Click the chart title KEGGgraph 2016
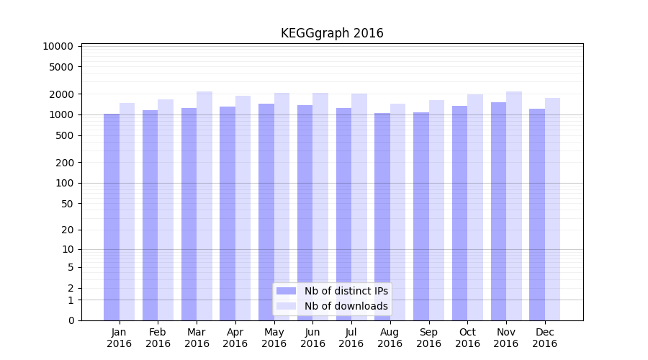coord(332,33)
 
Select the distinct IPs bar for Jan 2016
coord(112,216)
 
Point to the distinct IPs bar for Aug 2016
coord(382,216)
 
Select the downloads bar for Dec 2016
coord(552,209)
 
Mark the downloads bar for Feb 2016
coord(166,210)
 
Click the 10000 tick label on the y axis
coord(58,47)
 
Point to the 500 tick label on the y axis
coord(65,135)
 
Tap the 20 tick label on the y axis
coord(68,230)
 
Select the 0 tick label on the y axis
coord(71,320)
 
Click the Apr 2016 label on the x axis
coord(235,338)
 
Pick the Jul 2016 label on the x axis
coord(351,338)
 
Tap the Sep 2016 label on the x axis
coord(428,338)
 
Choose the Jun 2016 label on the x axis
coord(312,338)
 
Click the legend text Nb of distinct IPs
coord(346,291)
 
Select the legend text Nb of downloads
coord(346,306)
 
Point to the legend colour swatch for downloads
coord(286,306)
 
